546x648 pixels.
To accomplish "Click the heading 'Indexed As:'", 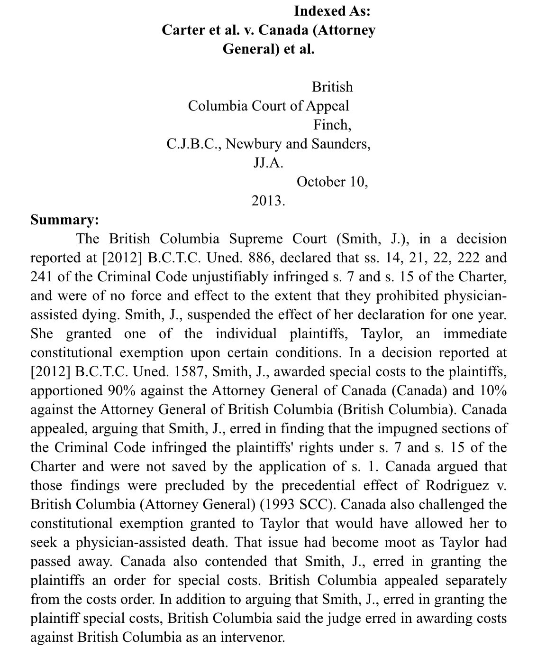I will point(332,11).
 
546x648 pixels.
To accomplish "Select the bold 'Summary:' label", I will point(65,220).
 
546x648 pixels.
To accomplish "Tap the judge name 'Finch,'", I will point(332,125).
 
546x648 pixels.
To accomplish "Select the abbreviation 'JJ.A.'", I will point(268,163).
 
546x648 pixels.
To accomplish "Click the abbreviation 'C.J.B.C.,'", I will point(194,144).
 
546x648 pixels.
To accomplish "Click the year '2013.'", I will point(268,201).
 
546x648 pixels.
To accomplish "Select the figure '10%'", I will point(493,390).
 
